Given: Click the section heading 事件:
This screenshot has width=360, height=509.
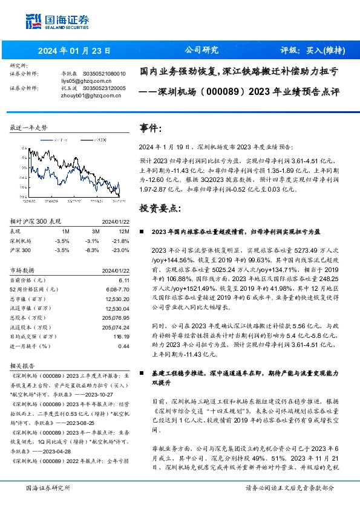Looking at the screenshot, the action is [151, 128].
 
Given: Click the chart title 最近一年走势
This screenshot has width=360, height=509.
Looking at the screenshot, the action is [28, 128].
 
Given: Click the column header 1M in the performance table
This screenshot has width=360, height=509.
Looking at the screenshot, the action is [65, 231].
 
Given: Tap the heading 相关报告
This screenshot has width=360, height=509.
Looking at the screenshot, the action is [23, 365].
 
